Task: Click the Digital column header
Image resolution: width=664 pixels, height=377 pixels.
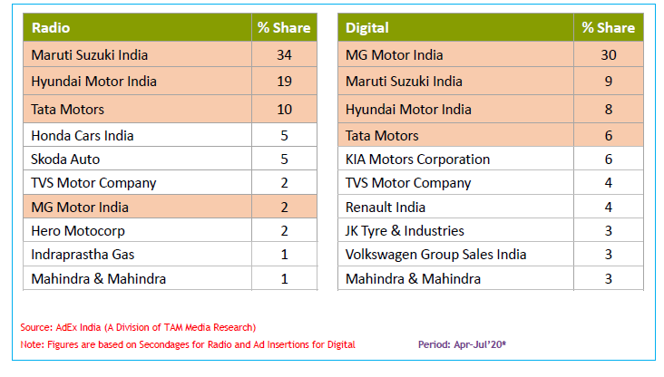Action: (367, 28)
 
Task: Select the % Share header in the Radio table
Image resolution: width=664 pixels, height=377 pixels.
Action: (284, 28)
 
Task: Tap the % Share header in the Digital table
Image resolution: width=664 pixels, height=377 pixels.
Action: (608, 28)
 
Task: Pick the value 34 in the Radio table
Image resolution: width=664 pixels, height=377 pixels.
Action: (284, 55)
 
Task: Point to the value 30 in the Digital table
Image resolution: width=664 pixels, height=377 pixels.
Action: (608, 55)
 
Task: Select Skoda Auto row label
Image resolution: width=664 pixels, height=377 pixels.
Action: (65, 159)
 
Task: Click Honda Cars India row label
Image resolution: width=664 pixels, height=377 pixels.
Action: (83, 136)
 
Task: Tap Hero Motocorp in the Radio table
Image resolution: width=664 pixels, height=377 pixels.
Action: (75, 231)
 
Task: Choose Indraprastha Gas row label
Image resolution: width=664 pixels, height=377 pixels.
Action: (83, 255)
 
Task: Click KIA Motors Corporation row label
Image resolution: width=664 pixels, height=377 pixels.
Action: (417, 159)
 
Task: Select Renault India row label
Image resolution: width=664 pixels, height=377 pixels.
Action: (386, 208)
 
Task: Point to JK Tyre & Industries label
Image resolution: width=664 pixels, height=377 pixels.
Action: (405, 231)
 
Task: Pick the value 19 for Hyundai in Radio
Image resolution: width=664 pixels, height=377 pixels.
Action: (284, 82)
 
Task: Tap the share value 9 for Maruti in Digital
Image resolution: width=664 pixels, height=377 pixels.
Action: (608, 82)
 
